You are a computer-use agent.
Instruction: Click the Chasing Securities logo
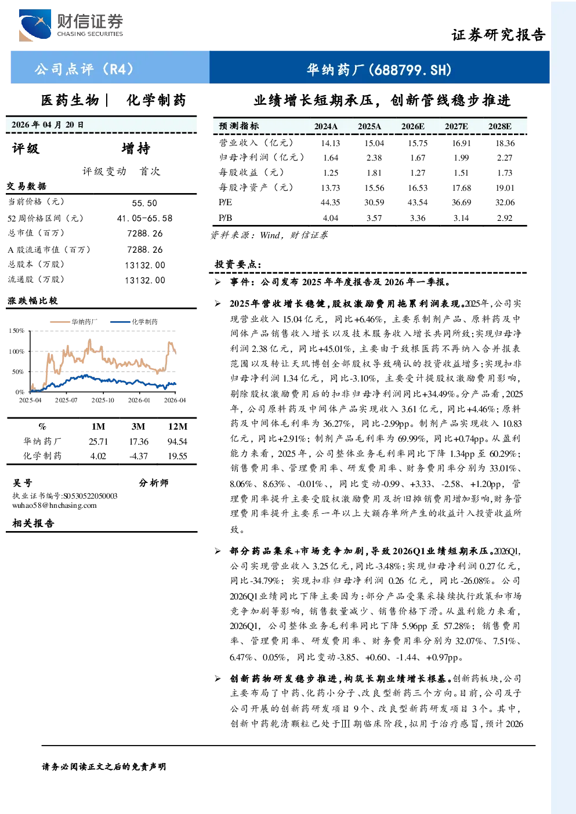pyautogui.click(x=71, y=25)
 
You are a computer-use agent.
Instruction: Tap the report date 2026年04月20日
pyautogui.click(x=47, y=125)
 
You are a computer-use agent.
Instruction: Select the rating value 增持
pyautogui.click(x=136, y=148)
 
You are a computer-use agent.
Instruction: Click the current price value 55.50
pyautogui.click(x=144, y=203)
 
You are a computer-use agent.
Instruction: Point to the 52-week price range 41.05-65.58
pyautogui.click(x=144, y=218)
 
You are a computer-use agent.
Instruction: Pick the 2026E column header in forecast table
pyautogui.click(x=413, y=126)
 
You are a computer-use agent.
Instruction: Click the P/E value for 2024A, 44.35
pyautogui.click(x=330, y=202)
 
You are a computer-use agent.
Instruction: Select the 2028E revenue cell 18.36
pyautogui.click(x=505, y=143)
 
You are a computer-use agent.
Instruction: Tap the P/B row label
pyautogui.click(x=225, y=217)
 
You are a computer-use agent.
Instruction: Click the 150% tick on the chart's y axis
pyautogui.click(x=16, y=330)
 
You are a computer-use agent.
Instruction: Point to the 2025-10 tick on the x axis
pyautogui.click(x=103, y=400)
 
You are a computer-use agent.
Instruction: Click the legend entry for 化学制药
pyautogui.click(x=134, y=322)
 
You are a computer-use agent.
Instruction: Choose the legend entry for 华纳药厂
pyautogui.click(x=74, y=322)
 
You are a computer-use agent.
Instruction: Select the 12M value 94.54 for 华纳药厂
pyautogui.click(x=177, y=442)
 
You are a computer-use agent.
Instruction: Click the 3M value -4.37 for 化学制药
pyautogui.click(x=138, y=456)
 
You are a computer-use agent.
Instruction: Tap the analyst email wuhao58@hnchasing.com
pyautogui.click(x=55, y=505)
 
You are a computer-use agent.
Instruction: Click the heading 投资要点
pyautogui.click(x=238, y=264)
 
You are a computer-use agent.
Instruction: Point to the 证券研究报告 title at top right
pyautogui.click(x=498, y=35)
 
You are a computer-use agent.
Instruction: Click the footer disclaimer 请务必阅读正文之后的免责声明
pyautogui.click(x=104, y=766)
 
